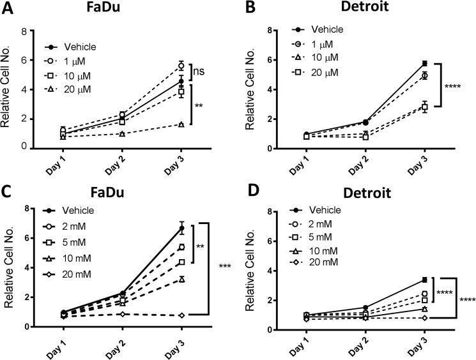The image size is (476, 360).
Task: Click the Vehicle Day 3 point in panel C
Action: click(x=181, y=228)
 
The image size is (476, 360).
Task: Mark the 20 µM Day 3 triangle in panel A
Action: click(x=181, y=124)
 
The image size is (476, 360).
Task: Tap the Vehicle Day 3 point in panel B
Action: click(x=424, y=63)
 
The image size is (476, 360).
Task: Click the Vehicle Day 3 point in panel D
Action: click(x=424, y=280)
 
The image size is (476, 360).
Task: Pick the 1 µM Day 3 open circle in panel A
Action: click(x=181, y=66)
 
